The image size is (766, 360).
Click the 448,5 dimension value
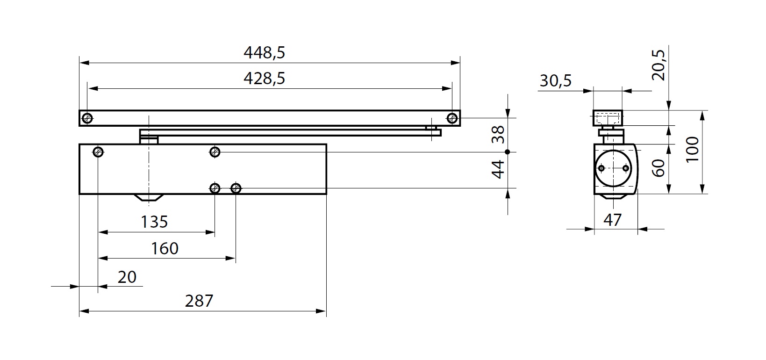[x=264, y=53]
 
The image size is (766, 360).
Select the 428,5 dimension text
[x=264, y=79]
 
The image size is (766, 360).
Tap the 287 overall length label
[x=199, y=301]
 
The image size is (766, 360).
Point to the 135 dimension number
[x=155, y=222]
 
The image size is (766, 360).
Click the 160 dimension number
[x=165, y=248]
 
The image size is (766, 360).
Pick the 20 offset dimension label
[x=127, y=277]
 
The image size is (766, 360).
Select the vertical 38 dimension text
[x=498, y=134]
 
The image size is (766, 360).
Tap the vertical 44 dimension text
[x=498, y=169]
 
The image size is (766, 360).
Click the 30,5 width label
[x=555, y=81]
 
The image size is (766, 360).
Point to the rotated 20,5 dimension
[x=659, y=65]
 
